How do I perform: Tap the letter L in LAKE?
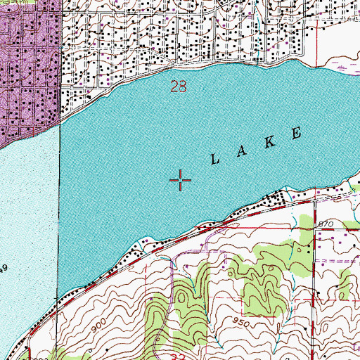click(214, 160)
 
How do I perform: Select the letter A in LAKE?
click(242, 150)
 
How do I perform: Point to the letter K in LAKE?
click(270, 141)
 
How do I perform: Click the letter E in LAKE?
click(298, 131)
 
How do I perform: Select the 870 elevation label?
click(324, 223)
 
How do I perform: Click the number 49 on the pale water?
click(4, 269)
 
